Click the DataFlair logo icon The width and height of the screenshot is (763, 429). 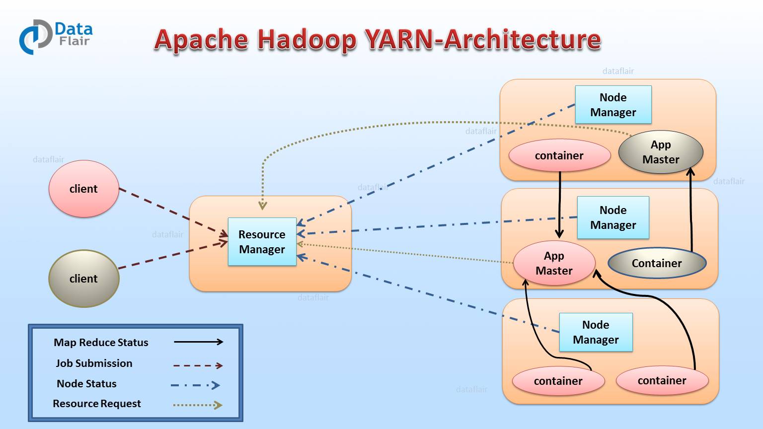point(35,37)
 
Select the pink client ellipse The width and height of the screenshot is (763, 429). point(83,189)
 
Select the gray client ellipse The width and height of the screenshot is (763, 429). point(83,279)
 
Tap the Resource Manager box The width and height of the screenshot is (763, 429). point(262,242)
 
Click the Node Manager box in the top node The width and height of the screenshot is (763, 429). point(613,105)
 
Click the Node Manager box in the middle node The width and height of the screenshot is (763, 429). point(613,217)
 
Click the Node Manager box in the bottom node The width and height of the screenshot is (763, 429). point(596,332)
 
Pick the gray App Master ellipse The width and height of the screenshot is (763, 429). point(661,152)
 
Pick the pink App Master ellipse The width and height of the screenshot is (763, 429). point(554,263)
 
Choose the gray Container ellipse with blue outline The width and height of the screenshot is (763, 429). point(657,263)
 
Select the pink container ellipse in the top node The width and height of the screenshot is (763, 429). point(559,155)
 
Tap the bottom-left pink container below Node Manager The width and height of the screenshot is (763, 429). point(558,381)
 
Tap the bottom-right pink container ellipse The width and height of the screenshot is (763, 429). point(662,380)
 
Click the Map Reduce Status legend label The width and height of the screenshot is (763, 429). point(101,343)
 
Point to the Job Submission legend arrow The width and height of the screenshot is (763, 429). point(198,365)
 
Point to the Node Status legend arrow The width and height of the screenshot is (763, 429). point(195,385)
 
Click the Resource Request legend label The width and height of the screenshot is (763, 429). point(97,404)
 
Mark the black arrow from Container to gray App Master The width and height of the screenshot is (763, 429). point(691,214)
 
